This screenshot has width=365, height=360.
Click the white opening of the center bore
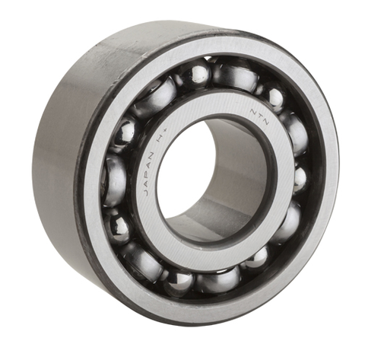click(182, 164)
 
